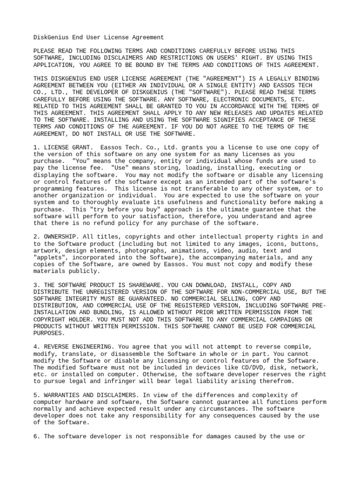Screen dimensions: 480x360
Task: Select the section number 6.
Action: coord(36,436)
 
